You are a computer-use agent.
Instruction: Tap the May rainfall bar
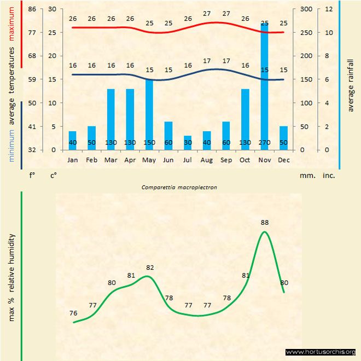[149, 115]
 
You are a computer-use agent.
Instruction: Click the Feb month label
[91, 160]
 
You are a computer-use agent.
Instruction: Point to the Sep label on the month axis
[226, 160]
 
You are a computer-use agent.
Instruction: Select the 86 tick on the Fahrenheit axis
[32, 9]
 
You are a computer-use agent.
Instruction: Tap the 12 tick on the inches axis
[328, 9]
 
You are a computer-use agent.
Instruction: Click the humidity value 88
[265, 223]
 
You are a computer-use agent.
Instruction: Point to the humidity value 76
[73, 313]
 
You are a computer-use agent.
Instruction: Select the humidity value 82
[150, 267]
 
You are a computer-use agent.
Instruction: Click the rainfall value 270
[264, 143]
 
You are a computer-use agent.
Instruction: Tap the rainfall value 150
[149, 143]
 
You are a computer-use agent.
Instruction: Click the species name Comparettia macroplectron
[179, 187]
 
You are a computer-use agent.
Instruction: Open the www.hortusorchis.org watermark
[321, 352]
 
